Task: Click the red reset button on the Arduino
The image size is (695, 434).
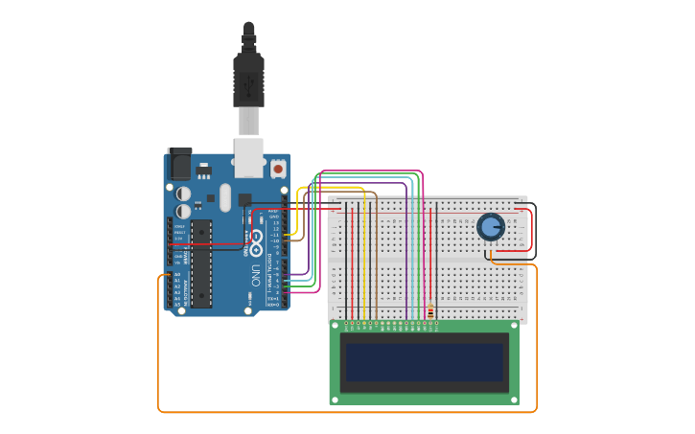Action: tap(278, 169)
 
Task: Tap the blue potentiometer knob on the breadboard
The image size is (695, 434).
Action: tap(490, 227)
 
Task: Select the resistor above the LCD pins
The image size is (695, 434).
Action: tap(430, 311)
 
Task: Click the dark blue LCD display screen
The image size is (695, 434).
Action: tap(424, 362)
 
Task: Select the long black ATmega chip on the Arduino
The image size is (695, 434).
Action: tap(201, 263)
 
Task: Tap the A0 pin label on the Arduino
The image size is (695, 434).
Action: tap(176, 275)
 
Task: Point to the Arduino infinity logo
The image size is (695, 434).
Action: tap(256, 241)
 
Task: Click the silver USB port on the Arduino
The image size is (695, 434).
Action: tap(249, 157)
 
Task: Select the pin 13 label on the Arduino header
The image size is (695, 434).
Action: tap(276, 222)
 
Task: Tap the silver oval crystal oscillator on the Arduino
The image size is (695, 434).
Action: tap(225, 197)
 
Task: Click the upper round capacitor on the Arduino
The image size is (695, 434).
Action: tap(183, 194)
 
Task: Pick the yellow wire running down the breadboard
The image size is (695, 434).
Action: tap(364, 259)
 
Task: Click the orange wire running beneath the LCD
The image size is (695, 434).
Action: tap(345, 412)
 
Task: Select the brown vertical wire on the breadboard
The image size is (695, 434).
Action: tap(376, 259)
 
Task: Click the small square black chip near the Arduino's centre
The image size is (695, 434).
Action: tap(244, 200)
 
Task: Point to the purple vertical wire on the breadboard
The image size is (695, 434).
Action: tap(406, 259)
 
